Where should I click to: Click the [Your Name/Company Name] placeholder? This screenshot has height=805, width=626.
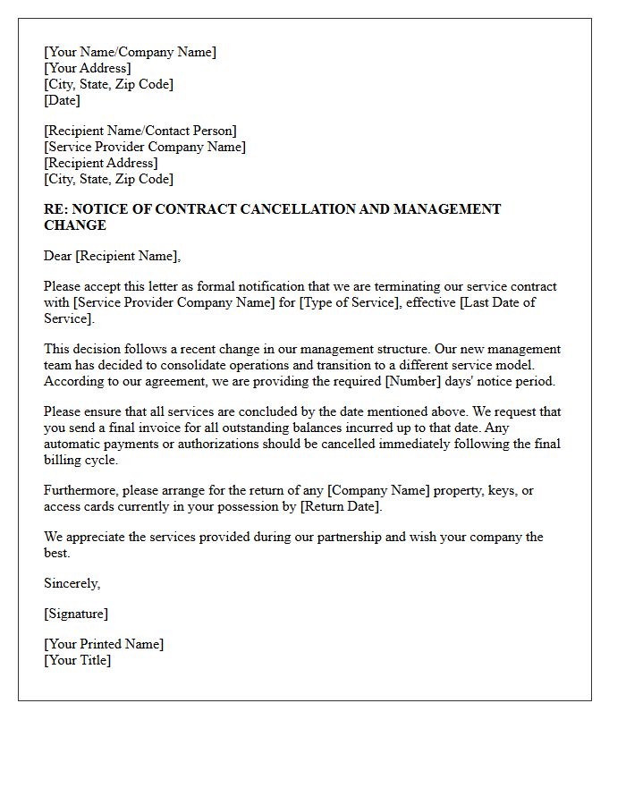130,52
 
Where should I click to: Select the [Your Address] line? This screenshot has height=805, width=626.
87,68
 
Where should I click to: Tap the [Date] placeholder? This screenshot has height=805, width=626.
62,100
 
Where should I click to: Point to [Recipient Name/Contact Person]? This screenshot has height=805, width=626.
140,131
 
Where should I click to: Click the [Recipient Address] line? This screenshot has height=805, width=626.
100,163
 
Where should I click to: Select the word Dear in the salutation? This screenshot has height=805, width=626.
58,256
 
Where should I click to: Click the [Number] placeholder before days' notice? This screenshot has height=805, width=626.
354,381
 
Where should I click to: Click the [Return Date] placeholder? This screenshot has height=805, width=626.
340,506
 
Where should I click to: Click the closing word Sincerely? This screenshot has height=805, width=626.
72,583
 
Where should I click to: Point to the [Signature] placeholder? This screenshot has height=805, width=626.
76,614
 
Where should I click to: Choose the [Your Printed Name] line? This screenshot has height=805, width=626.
104,644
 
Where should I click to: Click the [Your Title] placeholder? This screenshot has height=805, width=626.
78,660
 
